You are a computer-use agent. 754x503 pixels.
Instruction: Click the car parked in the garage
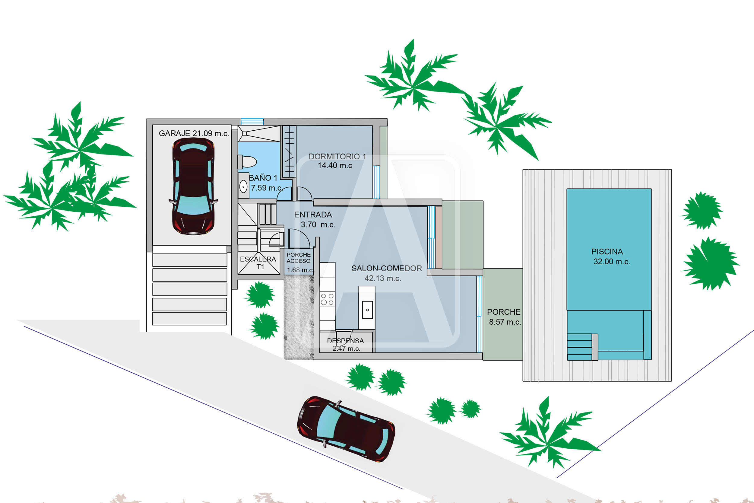point(193,186)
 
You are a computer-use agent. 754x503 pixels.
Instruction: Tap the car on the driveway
point(346,429)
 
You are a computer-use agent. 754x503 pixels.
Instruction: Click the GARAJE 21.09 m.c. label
point(194,133)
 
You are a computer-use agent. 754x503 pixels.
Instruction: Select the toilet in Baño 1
point(247,162)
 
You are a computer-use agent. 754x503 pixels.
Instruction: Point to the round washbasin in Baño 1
point(243,186)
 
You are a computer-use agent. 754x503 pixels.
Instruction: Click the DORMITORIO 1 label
point(337,157)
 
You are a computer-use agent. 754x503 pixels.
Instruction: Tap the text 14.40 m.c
point(335,166)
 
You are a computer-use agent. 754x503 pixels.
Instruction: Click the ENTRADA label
point(313,215)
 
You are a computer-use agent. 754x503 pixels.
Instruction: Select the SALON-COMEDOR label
point(387,269)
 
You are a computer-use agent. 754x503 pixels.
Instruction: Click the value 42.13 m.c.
point(383,279)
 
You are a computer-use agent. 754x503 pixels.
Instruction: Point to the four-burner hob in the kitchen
point(327,299)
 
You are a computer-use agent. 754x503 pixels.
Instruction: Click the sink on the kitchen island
point(367,310)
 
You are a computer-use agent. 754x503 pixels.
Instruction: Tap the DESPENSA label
point(345,341)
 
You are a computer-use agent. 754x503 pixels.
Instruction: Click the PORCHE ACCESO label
point(299,258)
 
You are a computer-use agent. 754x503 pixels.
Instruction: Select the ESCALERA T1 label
point(258,263)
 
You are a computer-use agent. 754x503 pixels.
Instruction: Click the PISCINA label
point(607,252)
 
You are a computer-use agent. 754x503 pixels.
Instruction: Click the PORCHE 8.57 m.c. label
point(504,317)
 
